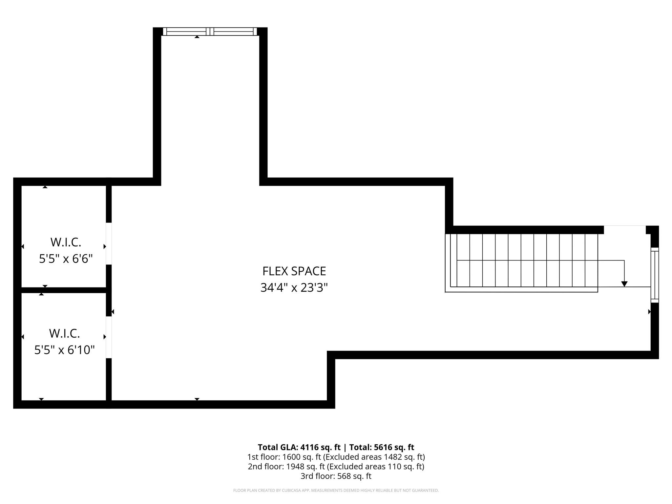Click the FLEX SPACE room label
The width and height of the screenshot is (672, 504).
294,271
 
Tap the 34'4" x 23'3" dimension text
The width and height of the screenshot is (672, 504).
294,288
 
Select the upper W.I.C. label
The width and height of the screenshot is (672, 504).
66,242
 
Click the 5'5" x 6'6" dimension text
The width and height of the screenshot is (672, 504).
66,259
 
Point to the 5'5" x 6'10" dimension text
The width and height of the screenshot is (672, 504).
64,350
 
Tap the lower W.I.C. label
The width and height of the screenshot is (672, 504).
64,333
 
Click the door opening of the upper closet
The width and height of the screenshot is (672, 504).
109,243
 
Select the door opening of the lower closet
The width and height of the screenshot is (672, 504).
109,337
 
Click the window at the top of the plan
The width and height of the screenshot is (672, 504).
210,31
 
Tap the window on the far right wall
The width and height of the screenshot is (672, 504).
655,275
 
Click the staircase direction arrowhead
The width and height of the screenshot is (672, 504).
624,284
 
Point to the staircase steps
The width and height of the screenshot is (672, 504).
522,261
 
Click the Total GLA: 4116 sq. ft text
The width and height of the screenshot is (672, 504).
299,447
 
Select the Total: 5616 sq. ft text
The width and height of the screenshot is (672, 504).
382,447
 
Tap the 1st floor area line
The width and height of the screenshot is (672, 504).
336,457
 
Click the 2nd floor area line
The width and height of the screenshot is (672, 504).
336,466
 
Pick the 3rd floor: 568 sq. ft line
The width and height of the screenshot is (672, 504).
336,476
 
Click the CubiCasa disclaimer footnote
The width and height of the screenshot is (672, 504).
336,491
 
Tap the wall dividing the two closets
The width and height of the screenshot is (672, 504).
64,290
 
